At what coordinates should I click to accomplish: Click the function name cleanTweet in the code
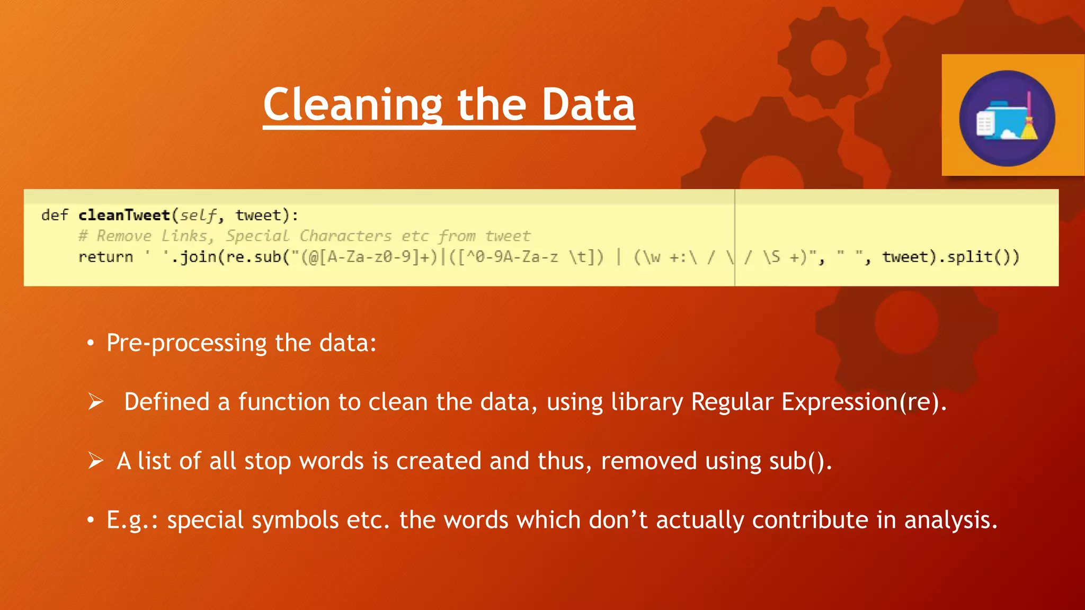coord(124,215)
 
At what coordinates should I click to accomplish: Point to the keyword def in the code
coord(55,215)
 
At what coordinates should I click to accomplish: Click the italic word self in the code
coord(198,216)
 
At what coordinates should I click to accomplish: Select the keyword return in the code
coord(105,257)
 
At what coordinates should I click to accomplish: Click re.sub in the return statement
coord(253,257)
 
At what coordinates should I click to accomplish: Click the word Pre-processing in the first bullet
coord(186,343)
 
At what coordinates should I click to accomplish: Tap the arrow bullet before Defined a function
coord(96,402)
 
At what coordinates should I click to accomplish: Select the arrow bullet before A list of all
coord(96,461)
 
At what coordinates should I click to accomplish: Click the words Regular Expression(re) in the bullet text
coord(816,402)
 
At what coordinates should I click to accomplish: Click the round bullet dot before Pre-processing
coord(91,344)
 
